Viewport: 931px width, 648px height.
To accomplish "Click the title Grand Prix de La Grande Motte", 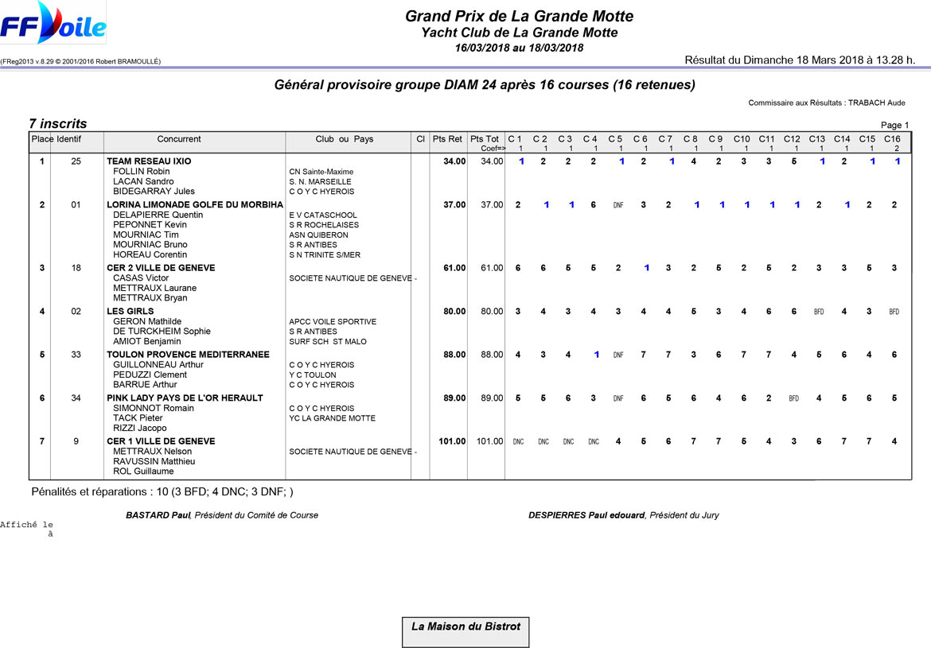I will click(519, 16).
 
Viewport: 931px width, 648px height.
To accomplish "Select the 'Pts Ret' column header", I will click(447, 139).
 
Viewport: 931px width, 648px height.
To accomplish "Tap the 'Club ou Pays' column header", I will click(344, 139).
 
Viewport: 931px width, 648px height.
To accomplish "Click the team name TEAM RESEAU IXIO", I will click(149, 161).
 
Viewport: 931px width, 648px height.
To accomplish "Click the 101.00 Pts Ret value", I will click(451, 441).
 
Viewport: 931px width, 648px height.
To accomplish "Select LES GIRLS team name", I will click(130, 312).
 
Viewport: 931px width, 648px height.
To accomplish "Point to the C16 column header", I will click(892, 139).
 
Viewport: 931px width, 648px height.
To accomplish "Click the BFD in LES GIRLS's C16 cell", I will click(894, 312).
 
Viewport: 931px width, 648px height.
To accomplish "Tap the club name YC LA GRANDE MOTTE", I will click(332, 418).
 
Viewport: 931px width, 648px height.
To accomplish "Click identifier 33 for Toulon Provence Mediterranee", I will click(76, 355).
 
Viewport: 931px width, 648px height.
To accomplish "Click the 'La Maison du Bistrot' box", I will click(465, 631).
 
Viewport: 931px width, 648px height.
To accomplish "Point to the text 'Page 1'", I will click(894, 125).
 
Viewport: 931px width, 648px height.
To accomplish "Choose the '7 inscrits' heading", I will click(58, 124).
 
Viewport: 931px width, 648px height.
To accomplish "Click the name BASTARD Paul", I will click(158, 515).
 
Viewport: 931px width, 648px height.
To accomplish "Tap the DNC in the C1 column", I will click(518, 441).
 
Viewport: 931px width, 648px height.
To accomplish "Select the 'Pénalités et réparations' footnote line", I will click(162, 492).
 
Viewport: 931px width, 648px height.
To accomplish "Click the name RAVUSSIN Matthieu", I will click(154, 461).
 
